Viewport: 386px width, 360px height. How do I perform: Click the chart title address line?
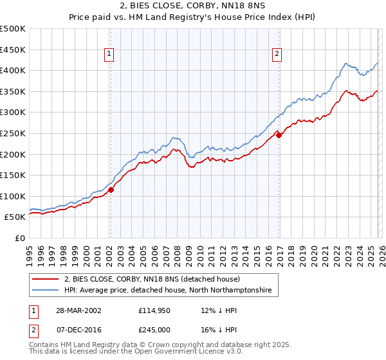pos(192,6)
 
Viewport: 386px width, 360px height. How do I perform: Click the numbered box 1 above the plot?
pos(110,55)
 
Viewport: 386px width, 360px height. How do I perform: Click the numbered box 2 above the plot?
pos(277,55)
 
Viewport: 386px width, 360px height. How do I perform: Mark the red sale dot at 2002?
pos(111,190)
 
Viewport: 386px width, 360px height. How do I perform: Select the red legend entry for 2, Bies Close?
pos(152,280)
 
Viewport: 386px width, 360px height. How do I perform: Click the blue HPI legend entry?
pos(168,291)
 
